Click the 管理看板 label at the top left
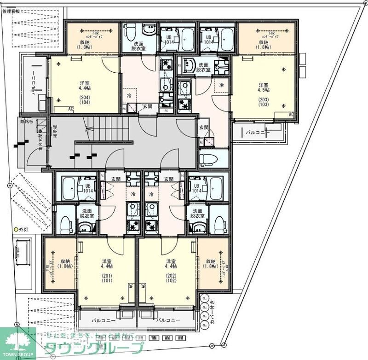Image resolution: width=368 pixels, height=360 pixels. click(x=11, y=12)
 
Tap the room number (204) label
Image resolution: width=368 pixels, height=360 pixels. click(x=84, y=98)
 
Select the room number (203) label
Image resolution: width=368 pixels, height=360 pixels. click(x=263, y=100)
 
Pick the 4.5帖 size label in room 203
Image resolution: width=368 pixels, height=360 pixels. click(x=263, y=90)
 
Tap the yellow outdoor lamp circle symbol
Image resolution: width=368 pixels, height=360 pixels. click(x=15, y=229)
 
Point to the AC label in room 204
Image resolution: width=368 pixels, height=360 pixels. click(x=71, y=109)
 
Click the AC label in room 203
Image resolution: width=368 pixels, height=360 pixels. click(x=291, y=114)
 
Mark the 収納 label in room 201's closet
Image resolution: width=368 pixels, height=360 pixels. click(x=65, y=261)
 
